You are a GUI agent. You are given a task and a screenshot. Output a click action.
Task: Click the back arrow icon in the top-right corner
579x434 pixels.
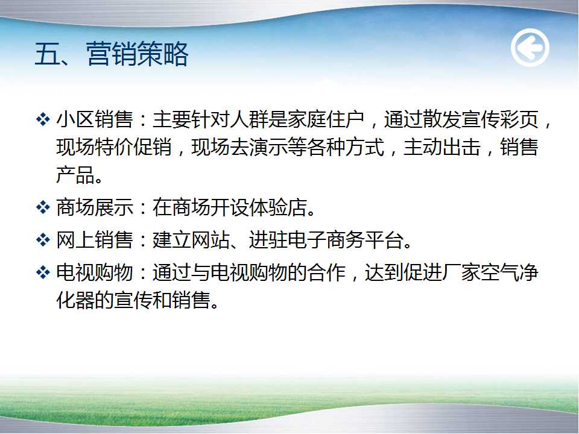coord(530,48)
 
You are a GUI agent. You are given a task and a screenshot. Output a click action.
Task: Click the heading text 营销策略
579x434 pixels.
coord(138,54)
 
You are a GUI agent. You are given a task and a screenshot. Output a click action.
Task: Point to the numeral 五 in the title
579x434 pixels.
coord(47,54)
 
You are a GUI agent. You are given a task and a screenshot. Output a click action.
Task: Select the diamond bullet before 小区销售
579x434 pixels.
coord(43,119)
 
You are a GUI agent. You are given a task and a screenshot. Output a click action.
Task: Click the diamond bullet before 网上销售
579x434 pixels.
coord(43,240)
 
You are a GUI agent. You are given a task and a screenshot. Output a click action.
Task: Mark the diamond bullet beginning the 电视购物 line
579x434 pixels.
coord(43,272)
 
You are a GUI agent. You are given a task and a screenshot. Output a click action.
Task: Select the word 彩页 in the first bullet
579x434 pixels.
coord(519,119)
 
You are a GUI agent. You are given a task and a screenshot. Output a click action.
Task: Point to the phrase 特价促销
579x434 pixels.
coord(133,147)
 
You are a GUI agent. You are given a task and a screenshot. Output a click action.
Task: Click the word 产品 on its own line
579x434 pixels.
coord(75,175)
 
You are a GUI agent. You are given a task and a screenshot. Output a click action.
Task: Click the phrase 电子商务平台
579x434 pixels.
coord(345,240)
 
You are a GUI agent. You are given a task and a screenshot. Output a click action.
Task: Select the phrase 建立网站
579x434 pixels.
coord(191,240)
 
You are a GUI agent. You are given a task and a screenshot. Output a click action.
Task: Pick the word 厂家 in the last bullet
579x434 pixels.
coord(461,272)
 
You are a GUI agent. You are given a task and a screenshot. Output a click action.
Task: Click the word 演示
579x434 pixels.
coord(268,147)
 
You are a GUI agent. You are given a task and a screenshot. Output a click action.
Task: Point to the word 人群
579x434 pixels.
coord(249,119)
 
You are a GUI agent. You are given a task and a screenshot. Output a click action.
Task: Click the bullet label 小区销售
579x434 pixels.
coord(95,119)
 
